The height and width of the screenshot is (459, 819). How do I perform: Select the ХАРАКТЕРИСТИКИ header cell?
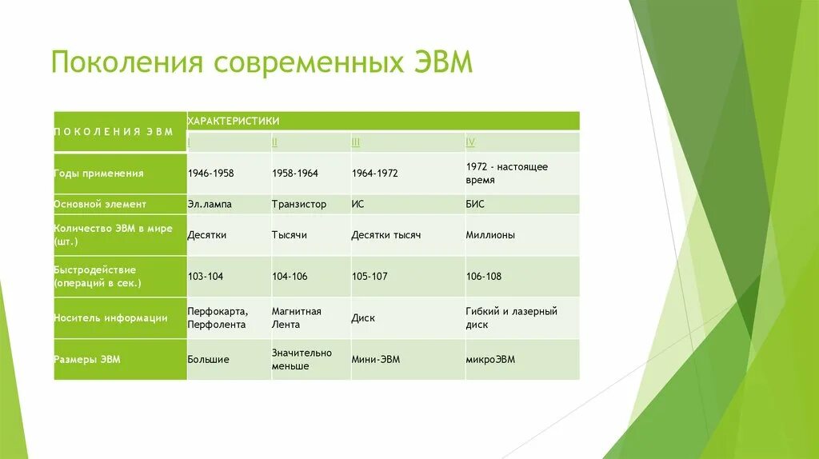tap(234, 121)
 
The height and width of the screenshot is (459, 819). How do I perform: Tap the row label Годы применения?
tap(99, 173)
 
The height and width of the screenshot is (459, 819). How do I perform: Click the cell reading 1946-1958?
tap(210, 173)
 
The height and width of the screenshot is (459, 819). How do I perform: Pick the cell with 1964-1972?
tap(375, 173)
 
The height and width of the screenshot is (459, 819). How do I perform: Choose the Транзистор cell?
tap(299, 204)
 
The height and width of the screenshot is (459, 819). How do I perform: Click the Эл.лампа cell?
tap(210, 204)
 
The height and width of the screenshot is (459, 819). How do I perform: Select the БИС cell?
tap(475, 204)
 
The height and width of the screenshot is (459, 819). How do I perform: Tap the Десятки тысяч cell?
tap(386, 235)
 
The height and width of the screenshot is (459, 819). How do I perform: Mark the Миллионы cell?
tap(490, 235)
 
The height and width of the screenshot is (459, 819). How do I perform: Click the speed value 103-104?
tap(206, 277)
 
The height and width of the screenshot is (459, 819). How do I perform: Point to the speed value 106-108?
tap(484, 277)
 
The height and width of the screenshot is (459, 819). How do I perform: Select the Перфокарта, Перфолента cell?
tap(218, 317)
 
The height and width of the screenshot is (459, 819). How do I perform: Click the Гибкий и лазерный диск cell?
tap(512, 317)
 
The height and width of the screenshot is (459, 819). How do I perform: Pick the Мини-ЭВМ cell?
tap(376, 360)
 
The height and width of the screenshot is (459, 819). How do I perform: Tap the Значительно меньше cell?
tap(302, 359)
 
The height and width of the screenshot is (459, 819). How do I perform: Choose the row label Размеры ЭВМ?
tap(87, 360)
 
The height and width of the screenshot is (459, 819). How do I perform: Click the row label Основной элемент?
tap(100, 204)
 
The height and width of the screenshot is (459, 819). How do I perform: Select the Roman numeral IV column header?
tap(470, 142)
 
